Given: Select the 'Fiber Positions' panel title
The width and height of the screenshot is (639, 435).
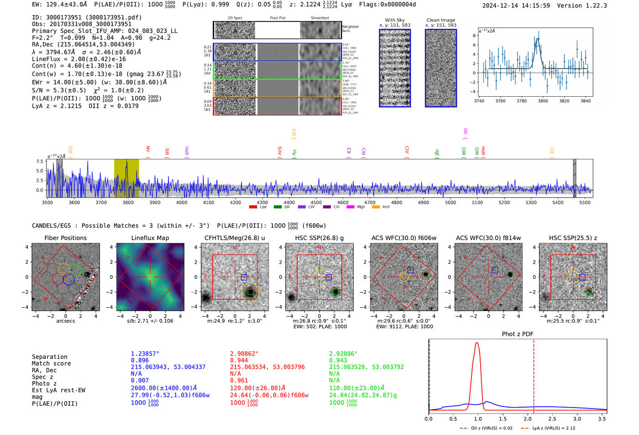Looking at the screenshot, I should click(65, 238).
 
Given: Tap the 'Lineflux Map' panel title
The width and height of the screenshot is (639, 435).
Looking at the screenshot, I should click(150, 238).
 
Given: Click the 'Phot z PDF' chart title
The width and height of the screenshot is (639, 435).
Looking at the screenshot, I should click(518, 334).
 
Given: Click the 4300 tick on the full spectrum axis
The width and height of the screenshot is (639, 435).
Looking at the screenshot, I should click(262, 202).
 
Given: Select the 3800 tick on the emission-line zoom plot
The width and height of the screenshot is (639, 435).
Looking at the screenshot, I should click(543, 101).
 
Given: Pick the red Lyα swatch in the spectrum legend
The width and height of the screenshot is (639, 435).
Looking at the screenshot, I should click(253, 207).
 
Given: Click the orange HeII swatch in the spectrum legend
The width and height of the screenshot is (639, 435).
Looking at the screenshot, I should click(376, 207).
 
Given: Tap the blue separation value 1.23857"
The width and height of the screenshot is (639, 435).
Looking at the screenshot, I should click(145, 354).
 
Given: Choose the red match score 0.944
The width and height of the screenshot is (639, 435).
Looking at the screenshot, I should click(239, 360).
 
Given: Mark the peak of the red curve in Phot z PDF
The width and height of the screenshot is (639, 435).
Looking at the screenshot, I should click(477, 343).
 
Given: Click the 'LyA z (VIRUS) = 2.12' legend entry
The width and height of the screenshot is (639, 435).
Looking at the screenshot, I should click(553, 428).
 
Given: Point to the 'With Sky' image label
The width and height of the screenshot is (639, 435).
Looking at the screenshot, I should click(394, 20).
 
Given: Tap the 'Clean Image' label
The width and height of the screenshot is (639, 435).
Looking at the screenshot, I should click(440, 20).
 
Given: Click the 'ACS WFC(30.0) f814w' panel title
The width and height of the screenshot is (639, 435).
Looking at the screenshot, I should click(488, 238).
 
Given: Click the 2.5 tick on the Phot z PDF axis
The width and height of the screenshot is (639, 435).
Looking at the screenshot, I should click(552, 419).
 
